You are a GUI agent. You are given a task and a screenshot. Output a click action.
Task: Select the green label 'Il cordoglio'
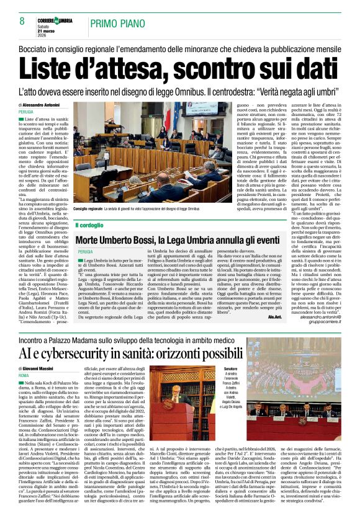[x=90, y=224]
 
